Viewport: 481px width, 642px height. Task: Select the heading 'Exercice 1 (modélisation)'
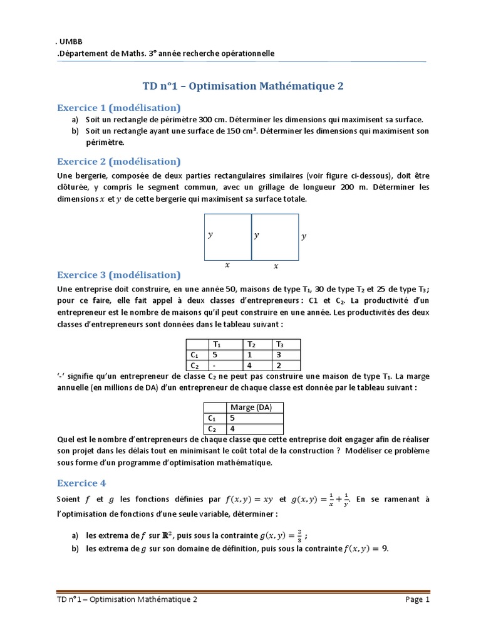118,107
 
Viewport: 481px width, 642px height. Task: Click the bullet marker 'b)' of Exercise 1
75,131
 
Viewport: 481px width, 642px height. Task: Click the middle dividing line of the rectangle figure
252,236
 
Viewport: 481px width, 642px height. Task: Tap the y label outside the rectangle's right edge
304,236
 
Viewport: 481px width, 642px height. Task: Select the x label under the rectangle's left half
227,265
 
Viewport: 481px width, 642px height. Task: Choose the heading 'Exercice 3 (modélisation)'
118,275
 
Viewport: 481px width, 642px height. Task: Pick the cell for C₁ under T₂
251,354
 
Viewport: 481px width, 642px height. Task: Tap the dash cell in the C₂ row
215,365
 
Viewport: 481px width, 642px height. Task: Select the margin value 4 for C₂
232,429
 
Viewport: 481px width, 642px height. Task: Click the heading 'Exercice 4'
81,483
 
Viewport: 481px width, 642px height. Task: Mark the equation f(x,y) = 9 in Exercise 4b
366,548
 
